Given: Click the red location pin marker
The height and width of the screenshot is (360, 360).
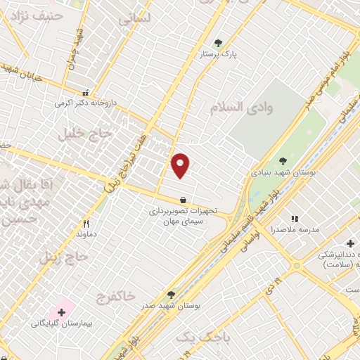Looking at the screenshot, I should click(x=181, y=165).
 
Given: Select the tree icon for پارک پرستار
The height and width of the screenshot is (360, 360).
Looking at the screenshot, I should click(x=218, y=42).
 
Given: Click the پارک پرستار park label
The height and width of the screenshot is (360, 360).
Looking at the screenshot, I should click(x=217, y=53).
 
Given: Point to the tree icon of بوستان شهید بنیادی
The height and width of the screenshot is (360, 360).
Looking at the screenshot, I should click(x=283, y=161).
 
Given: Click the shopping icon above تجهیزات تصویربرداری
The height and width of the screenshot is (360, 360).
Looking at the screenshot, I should click(x=183, y=199).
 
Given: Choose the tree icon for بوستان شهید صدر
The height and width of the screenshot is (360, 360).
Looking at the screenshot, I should click(x=171, y=295).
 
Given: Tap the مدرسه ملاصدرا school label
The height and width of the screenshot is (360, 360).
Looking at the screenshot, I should click(x=295, y=230).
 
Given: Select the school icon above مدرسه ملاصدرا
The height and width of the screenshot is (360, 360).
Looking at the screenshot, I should click(x=295, y=219).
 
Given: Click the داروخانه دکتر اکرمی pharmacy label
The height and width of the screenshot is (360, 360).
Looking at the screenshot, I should click(x=84, y=103).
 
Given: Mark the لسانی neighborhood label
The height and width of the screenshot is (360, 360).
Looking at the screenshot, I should click(x=136, y=20).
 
